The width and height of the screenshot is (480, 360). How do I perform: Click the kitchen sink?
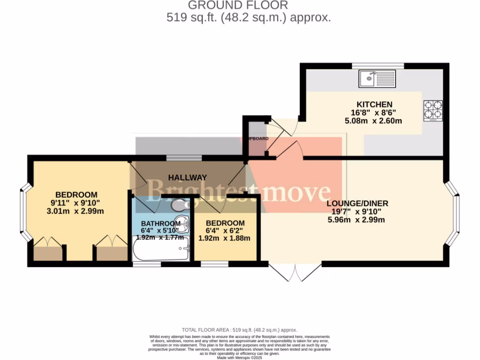377,78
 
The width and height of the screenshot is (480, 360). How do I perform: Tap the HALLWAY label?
187,178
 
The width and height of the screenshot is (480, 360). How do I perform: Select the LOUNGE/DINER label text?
357,203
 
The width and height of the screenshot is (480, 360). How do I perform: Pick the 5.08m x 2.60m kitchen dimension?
373,120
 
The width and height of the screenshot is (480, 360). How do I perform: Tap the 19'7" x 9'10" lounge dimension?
357,211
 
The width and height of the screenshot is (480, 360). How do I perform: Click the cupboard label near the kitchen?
257,139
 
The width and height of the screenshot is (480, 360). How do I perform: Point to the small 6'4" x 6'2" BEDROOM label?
225,223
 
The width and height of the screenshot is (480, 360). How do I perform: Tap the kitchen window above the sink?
378,66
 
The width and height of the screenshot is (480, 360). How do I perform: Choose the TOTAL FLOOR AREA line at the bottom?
240,330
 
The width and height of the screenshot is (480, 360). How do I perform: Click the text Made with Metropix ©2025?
240,357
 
